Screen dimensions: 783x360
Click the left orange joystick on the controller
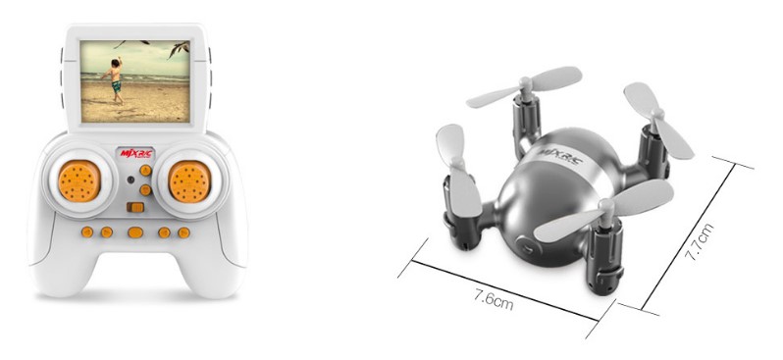coord(79,180)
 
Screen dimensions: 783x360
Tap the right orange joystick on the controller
coord(189,181)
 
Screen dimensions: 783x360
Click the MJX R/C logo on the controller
coord(136,153)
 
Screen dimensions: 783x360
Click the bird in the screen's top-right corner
coord(179,49)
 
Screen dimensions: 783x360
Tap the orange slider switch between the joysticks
coord(135,207)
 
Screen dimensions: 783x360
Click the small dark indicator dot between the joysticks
coord(130,180)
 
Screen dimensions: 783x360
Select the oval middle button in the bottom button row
coord(135,232)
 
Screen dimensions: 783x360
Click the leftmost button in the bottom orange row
coord(87,231)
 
